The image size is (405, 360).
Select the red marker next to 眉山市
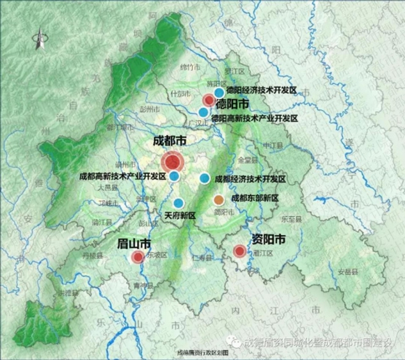[138, 258]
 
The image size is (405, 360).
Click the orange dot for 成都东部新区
[219, 200]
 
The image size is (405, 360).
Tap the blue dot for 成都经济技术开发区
[205, 178]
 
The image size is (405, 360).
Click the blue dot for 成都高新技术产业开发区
[174, 176]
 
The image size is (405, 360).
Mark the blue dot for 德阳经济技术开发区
[219, 92]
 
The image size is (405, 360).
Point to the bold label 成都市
[170, 140]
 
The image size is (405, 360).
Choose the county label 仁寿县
[200, 258]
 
